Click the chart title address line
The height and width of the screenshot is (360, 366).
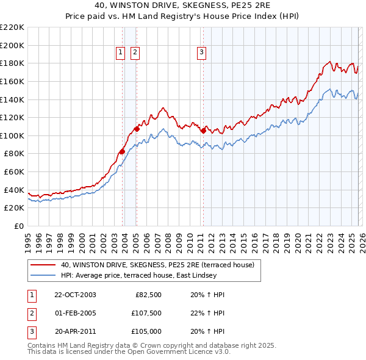[x=183, y=5]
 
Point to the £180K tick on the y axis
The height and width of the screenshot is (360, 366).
[x=12, y=63]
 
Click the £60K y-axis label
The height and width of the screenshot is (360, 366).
[x=14, y=171]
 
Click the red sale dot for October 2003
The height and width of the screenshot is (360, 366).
[x=123, y=151]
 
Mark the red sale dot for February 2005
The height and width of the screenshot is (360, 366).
[x=137, y=129]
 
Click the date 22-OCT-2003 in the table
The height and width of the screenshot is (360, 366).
[x=75, y=295]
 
